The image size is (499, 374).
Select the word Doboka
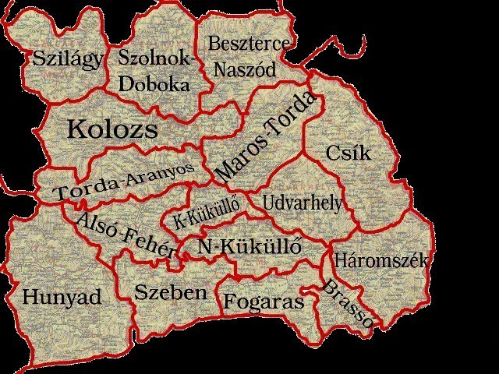tap(154, 82)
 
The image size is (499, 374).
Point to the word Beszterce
tap(249, 44)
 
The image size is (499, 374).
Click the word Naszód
tap(245, 69)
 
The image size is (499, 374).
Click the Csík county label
tap(349, 152)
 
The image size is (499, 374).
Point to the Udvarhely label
tap(302, 203)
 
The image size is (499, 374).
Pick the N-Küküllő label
tap(249, 247)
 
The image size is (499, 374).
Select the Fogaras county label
tap(263, 301)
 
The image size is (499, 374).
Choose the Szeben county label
tap(170, 292)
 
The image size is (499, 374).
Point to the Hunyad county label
tap(62, 297)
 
